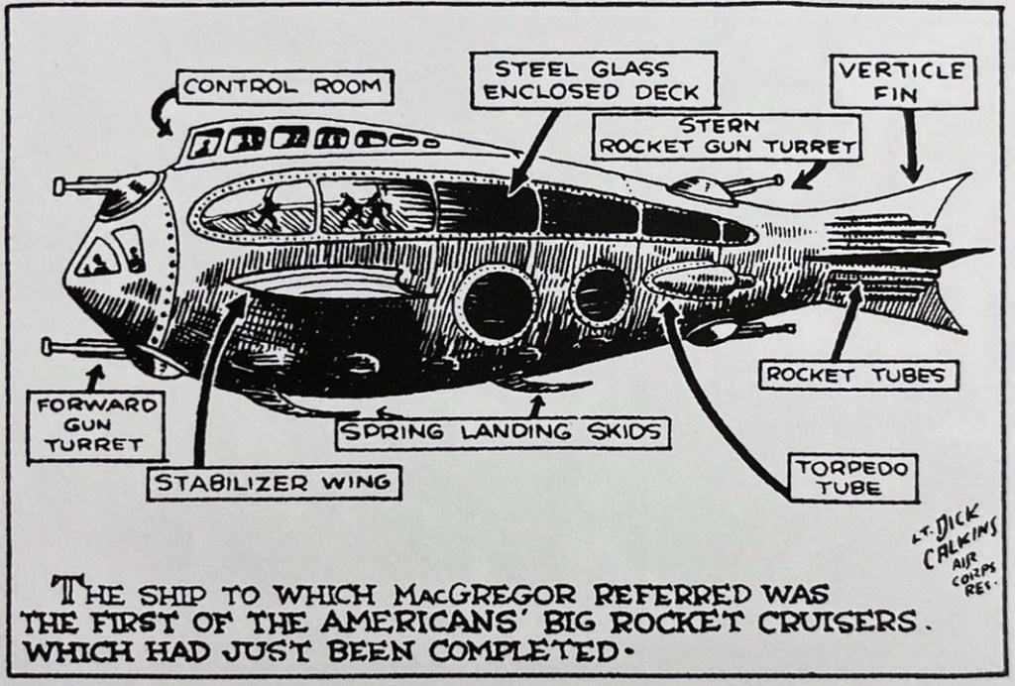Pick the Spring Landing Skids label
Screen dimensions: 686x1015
(499, 433)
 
